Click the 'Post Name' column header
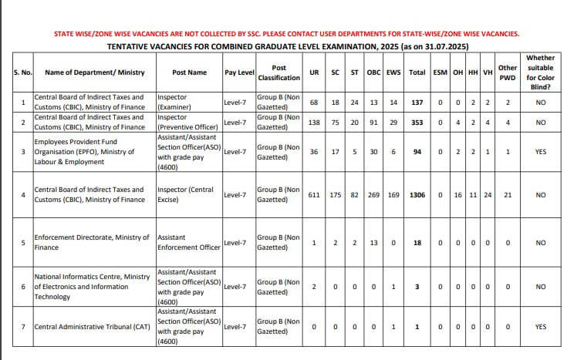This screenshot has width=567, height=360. point(189,72)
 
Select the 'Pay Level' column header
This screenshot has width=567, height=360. point(239,72)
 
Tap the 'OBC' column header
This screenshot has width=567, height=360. point(373,72)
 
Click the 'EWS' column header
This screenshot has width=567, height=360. point(393,72)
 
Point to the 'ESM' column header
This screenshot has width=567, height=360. point(440,72)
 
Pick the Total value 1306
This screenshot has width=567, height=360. point(417,195)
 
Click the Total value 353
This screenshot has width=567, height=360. point(417,123)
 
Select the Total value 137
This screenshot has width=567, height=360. point(417,103)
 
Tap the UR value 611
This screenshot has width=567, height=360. point(314,195)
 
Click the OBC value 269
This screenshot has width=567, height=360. point(373,195)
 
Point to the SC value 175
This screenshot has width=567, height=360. point(336,195)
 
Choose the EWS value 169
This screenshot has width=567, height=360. point(393,195)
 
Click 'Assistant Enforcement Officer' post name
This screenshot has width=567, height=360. point(188,243)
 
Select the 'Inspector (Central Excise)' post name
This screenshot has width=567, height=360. point(188,195)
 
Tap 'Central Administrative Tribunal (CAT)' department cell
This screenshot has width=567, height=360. point(92,327)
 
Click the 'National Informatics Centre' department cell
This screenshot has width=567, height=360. point(92,286)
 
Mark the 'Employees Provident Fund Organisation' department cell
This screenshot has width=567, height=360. point(92,153)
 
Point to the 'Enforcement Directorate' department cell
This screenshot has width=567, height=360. point(92,243)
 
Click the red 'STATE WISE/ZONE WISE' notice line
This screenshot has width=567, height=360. point(286,35)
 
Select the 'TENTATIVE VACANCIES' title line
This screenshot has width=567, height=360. point(286,47)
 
